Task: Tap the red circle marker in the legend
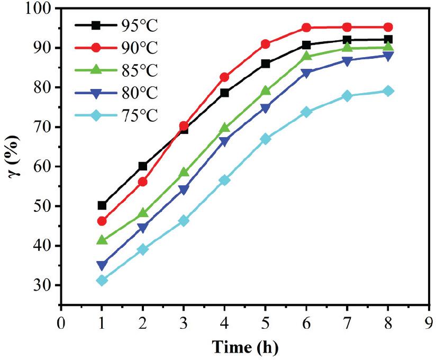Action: (95, 48)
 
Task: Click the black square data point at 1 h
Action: (102, 205)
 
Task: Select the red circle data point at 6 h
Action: (306, 28)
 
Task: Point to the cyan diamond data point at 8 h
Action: (388, 91)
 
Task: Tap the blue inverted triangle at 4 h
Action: (224, 141)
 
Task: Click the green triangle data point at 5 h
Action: (265, 91)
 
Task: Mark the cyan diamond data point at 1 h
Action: (102, 280)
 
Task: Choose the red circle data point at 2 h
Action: (143, 182)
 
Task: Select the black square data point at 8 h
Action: (388, 39)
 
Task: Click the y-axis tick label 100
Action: (40, 9)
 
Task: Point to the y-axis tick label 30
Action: (44, 286)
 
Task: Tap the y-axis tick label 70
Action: (44, 128)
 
